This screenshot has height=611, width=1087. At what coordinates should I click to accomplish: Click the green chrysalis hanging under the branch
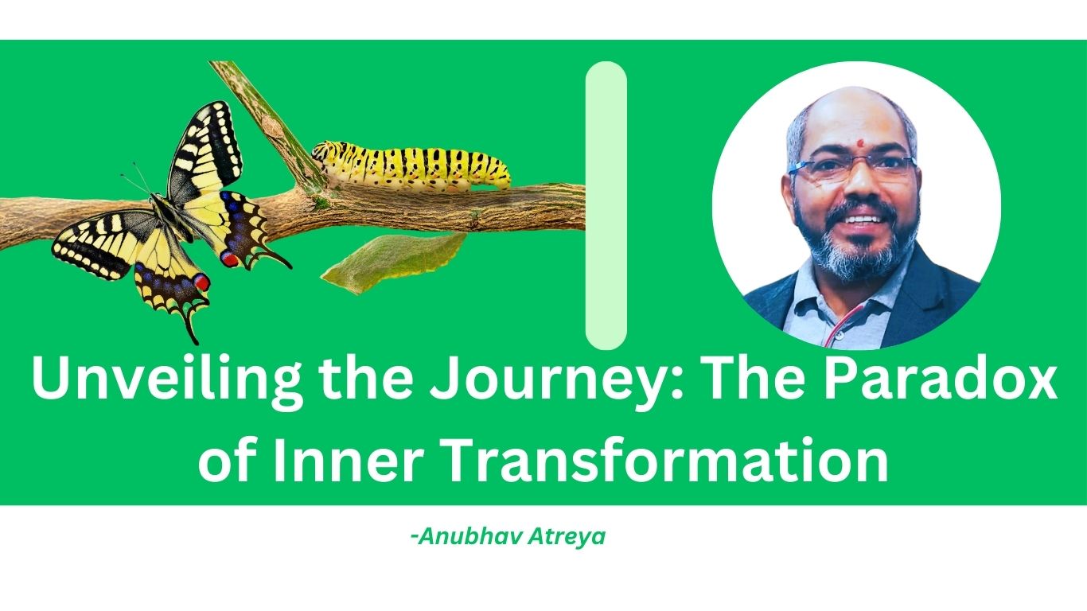[394, 263]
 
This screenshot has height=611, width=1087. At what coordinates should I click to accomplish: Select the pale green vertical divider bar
[606, 205]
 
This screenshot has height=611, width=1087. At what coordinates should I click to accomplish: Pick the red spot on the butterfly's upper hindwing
[229, 259]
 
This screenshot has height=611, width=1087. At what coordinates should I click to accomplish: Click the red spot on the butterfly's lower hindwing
[201, 282]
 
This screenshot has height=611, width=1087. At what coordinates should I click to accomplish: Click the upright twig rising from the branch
[268, 123]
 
